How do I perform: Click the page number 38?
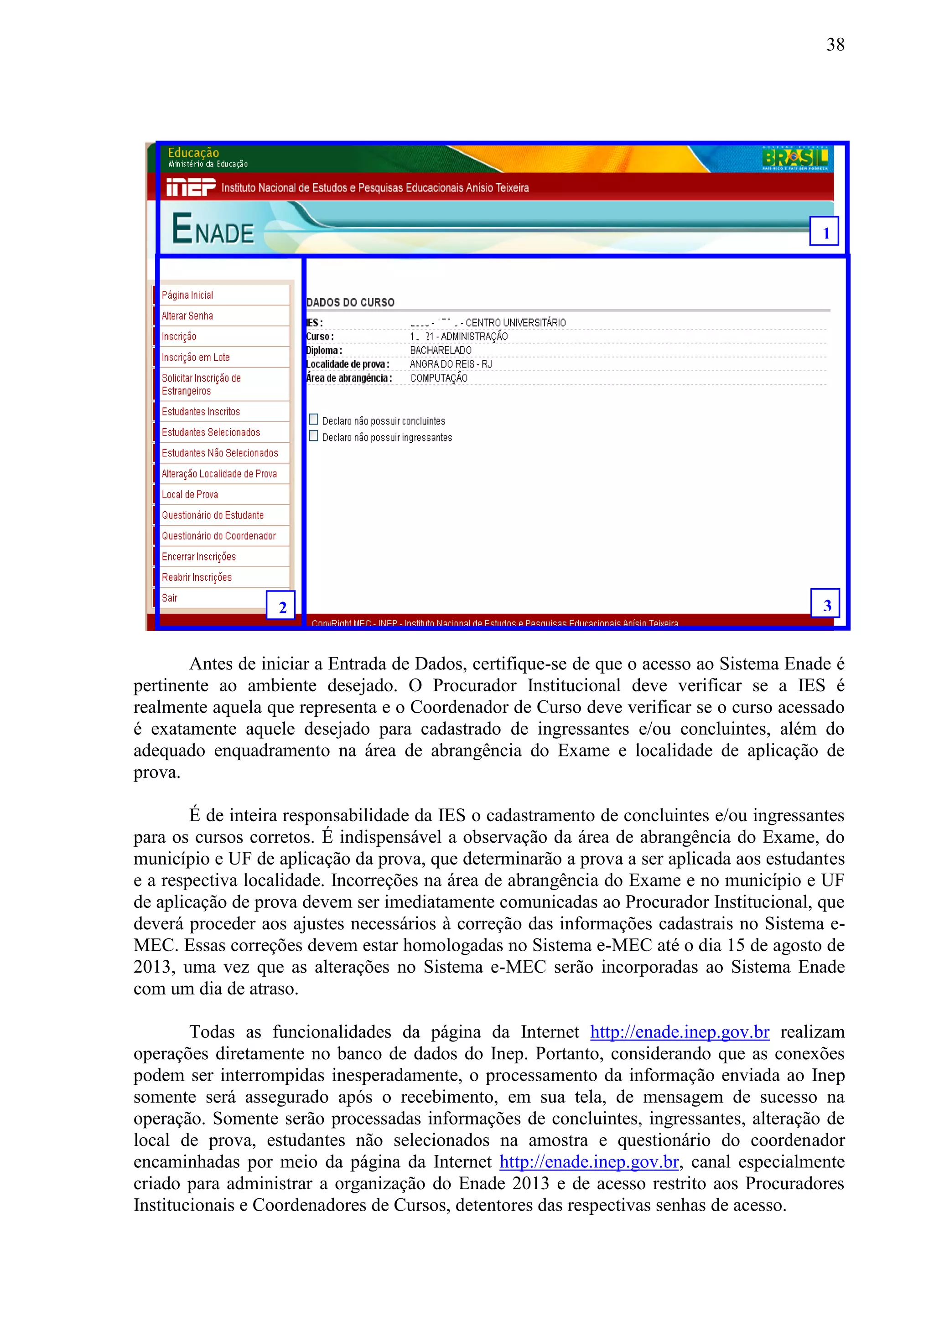[x=835, y=45]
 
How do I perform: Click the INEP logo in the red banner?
[x=191, y=187]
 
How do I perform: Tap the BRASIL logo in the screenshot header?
[x=795, y=158]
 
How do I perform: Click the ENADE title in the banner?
[x=213, y=229]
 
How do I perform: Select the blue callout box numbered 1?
[x=824, y=231]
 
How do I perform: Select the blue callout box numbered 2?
[x=281, y=605]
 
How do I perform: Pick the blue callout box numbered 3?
[x=825, y=604]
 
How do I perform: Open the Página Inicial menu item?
[x=187, y=295]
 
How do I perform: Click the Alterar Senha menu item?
[x=187, y=316]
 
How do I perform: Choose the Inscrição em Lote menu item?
[x=196, y=357]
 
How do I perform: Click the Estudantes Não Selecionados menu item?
[x=220, y=453]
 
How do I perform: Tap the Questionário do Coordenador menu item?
[x=219, y=536]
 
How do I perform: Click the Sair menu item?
[x=170, y=598]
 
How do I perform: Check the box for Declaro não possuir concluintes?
[x=314, y=420]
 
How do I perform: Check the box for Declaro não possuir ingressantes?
[x=314, y=436]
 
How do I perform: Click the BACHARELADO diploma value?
[x=441, y=350]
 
